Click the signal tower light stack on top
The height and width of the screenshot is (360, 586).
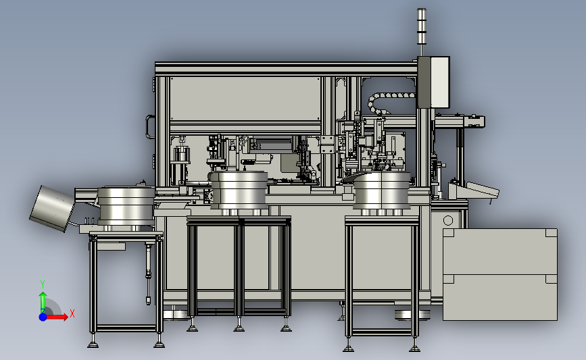[422, 26]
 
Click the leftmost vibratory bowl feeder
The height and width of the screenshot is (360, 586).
[126, 206]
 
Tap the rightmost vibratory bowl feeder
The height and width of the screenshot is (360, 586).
[382, 190]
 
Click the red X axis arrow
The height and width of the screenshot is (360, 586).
[56, 317]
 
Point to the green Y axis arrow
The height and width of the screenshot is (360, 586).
[43, 301]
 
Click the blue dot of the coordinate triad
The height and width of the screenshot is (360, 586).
[43, 317]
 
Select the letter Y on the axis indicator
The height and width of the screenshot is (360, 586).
[43, 284]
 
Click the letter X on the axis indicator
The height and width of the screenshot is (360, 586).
[72, 313]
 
